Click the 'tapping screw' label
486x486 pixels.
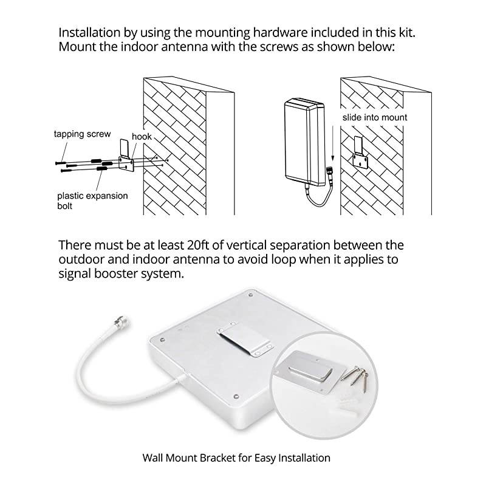[x=81, y=134]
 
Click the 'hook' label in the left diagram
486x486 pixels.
[x=142, y=137]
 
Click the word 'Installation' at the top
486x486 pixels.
[x=89, y=32]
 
